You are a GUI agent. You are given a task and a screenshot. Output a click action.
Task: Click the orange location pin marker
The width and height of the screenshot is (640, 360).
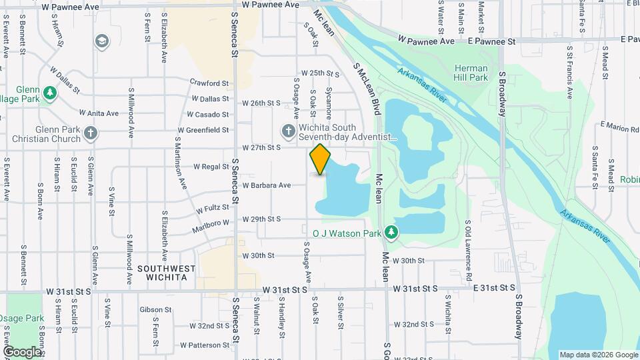point(321,159)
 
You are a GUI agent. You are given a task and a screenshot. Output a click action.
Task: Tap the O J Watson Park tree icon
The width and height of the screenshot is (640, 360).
point(393,232)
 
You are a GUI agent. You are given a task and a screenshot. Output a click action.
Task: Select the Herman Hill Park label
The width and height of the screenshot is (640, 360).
point(471,73)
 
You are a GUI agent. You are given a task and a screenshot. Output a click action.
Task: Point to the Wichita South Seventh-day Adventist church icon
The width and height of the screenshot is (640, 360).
point(289,129)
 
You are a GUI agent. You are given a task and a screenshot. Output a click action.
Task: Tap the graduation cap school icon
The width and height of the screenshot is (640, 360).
point(101,42)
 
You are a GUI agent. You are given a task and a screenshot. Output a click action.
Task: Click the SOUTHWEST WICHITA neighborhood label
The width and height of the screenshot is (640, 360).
point(167,273)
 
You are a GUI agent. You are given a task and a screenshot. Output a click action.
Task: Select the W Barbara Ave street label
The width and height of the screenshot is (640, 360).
point(267,185)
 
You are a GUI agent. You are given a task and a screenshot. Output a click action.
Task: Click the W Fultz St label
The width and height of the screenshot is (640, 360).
point(213,209)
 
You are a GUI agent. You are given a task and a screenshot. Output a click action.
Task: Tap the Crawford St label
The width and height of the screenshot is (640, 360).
point(209,83)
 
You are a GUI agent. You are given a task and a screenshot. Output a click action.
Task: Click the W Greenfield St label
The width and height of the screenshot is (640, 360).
point(203,130)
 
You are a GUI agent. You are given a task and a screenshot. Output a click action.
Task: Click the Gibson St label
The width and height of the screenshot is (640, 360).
point(156,310)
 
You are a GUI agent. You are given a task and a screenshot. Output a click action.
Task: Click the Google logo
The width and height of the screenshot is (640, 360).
point(22,351)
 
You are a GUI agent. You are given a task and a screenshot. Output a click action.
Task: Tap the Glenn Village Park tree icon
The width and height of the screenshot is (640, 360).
point(49,92)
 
